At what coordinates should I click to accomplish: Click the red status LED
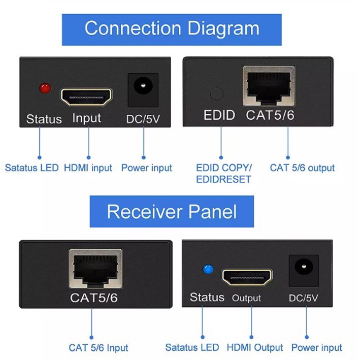pyautogui.click(x=45, y=88)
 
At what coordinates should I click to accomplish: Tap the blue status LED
pyautogui.click(x=207, y=270)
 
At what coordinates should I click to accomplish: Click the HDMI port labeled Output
pyautogui.click(x=247, y=278)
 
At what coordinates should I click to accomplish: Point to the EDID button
pyautogui.click(x=216, y=94)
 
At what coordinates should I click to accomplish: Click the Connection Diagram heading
pyautogui.click(x=172, y=28)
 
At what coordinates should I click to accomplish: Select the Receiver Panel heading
pyautogui.click(x=172, y=211)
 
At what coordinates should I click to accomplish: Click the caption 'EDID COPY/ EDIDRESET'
pyautogui.click(x=224, y=173)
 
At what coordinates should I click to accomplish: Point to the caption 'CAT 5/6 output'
pyautogui.click(x=302, y=168)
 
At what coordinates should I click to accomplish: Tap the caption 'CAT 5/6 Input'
pyautogui.click(x=99, y=348)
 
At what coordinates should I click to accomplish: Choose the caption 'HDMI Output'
pyautogui.click(x=254, y=347)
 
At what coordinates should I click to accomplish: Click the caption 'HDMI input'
pyautogui.click(x=88, y=168)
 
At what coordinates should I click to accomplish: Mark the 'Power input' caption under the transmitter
pyautogui.click(x=146, y=168)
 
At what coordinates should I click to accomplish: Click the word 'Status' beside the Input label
pyautogui.click(x=44, y=119)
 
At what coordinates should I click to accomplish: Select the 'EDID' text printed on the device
pyautogui.click(x=219, y=115)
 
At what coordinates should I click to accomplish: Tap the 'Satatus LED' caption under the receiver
pyautogui.click(x=192, y=347)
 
